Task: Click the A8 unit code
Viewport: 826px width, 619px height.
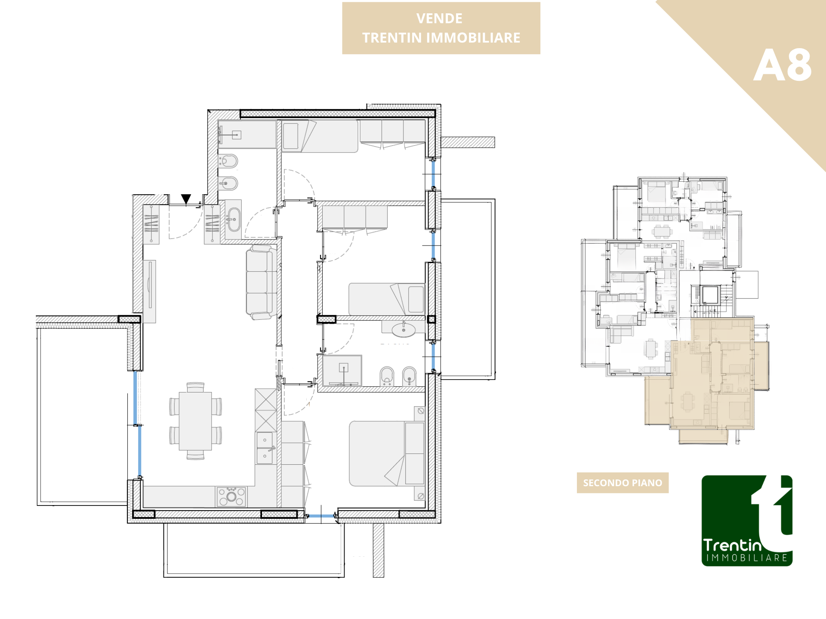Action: click(782, 65)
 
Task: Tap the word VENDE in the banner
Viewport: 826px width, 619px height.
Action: click(439, 18)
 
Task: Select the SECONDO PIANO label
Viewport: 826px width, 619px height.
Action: click(623, 483)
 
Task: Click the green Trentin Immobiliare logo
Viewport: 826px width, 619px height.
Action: click(747, 521)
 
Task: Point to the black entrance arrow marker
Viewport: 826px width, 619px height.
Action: click(186, 199)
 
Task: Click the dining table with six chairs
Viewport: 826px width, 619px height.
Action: click(195, 421)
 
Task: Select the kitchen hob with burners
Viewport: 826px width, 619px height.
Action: click(231, 496)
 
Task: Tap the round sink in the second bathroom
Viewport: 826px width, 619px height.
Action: click(404, 330)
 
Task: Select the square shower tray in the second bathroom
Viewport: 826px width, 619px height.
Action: click(342, 371)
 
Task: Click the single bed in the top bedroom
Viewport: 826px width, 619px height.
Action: click(320, 136)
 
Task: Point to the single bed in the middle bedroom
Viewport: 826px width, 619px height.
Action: click(387, 299)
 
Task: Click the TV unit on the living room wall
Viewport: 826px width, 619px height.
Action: click(149, 291)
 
